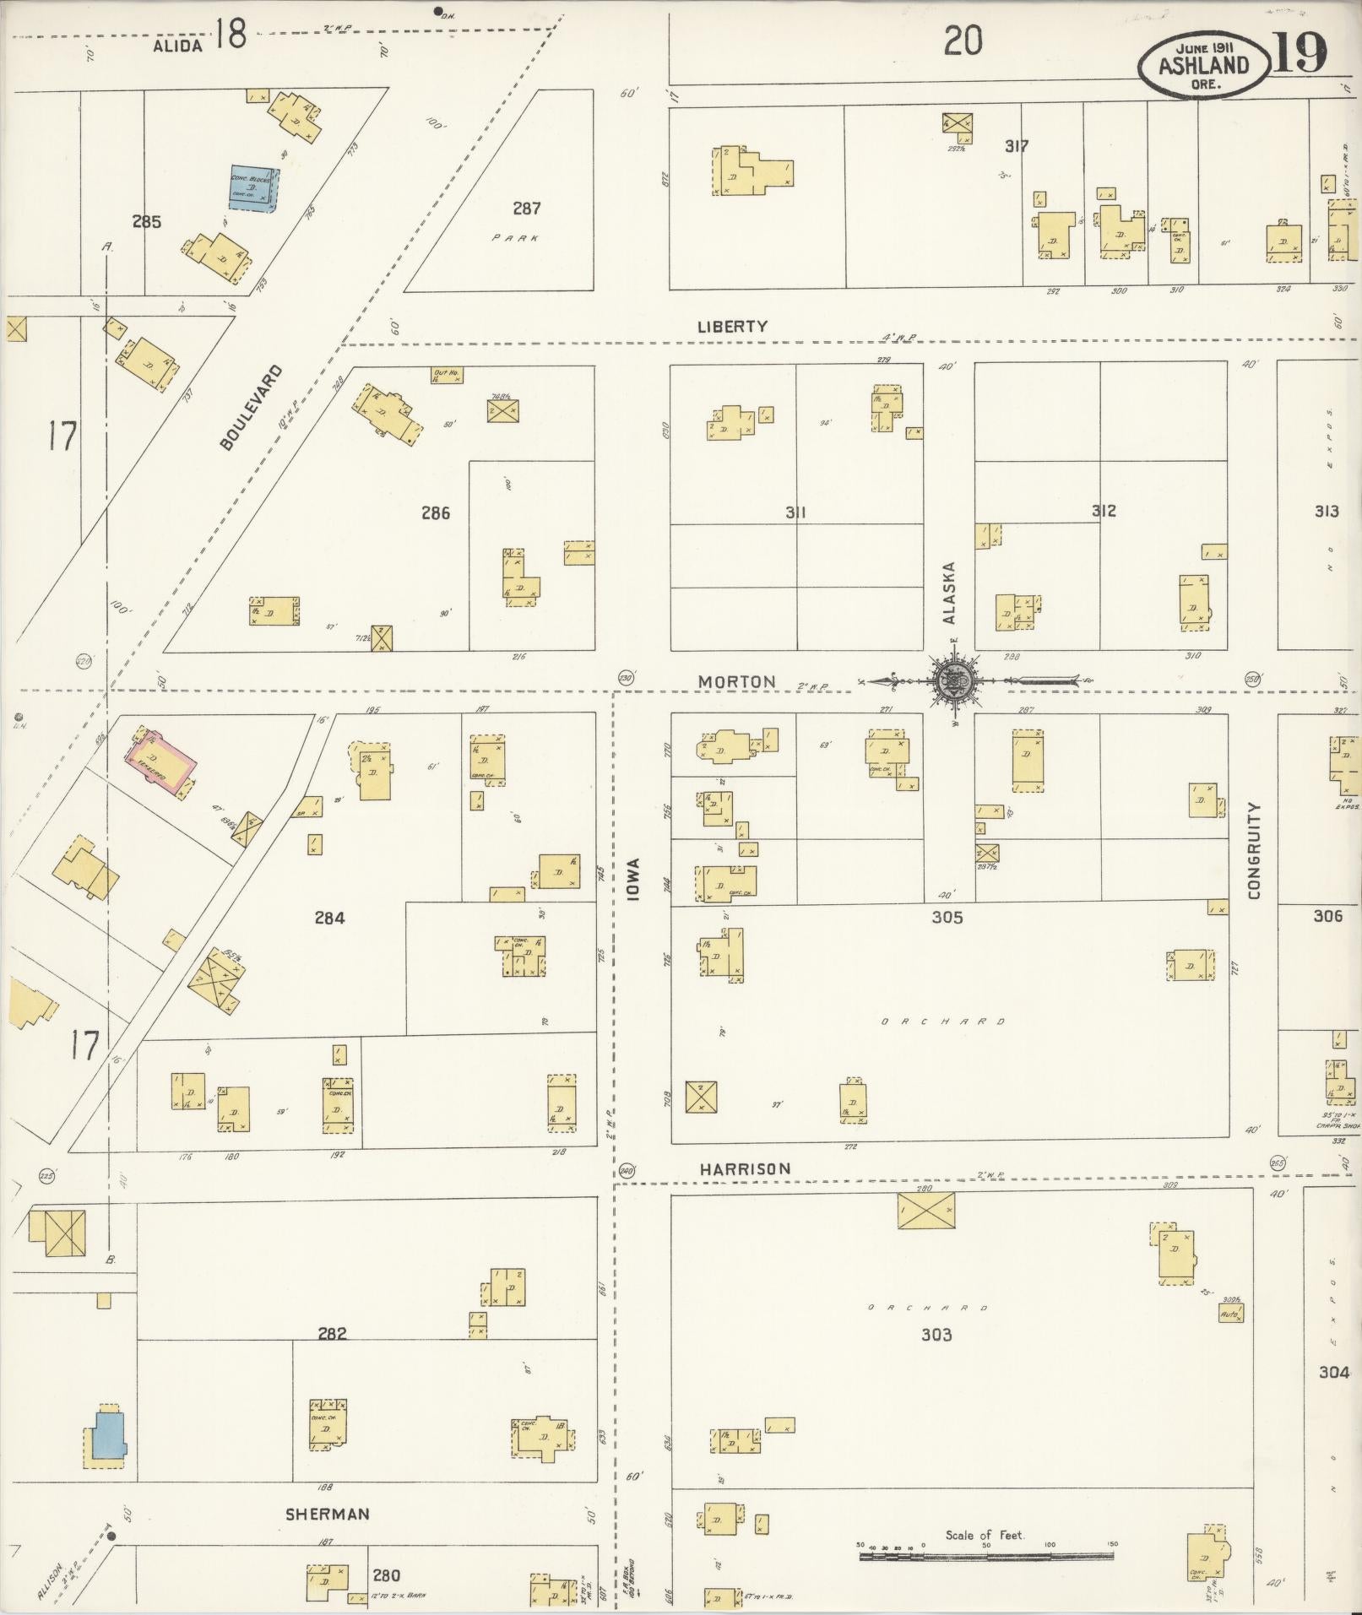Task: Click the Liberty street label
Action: pyautogui.click(x=732, y=326)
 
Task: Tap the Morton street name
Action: pyautogui.click(x=737, y=681)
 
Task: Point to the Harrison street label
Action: pyautogui.click(x=745, y=1169)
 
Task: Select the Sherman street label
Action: pyautogui.click(x=328, y=1514)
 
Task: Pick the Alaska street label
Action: pyautogui.click(x=949, y=593)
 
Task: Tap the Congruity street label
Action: pyautogui.click(x=1254, y=850)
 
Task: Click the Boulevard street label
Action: pyautogui.click(x=250, y=407)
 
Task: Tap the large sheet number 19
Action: pyautogui.click(x=1297, y=54)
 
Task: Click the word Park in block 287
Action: pyautogui.click(x=516, y=238)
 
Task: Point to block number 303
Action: pyautogui.click(x=936, y=1334)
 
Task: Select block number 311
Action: pyautogui.click(x=795, y=512)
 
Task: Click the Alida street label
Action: pyautogui.click(x=178, y=46)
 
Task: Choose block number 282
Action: pyautogui.click(x=332, y=1334)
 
